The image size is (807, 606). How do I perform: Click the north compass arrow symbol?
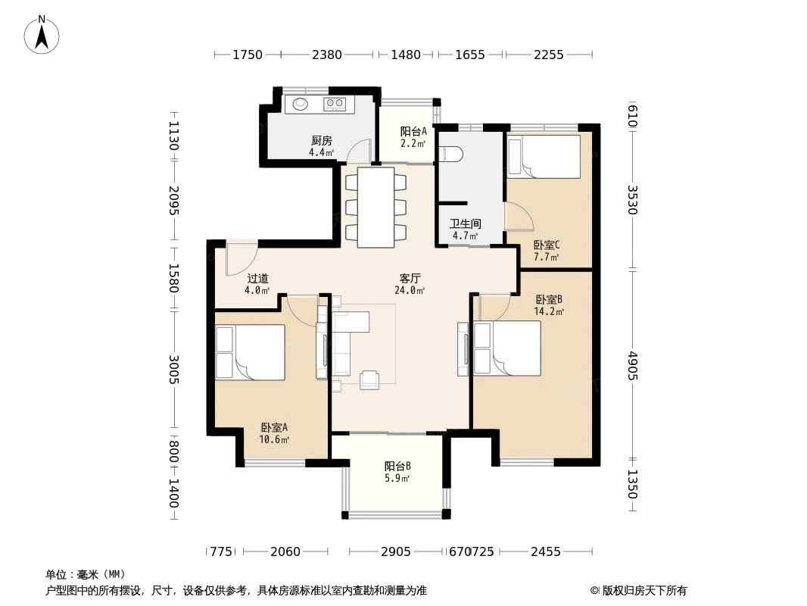[x=43, y=34]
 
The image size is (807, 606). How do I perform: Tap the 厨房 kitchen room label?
[x=321, y=141]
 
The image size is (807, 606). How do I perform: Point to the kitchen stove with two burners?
[x=335, y=104]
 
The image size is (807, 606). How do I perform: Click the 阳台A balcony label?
[x=413, y=131]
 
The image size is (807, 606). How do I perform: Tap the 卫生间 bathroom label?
[x=465, y=224]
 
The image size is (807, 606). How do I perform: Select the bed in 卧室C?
[x=543, y=156]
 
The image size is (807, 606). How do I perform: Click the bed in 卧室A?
[x=250, y=352]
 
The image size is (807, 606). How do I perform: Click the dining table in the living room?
[x=376, y=207]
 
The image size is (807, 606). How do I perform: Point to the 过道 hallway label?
[x=257, y=279]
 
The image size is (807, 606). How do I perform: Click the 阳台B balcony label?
[x=397, y=467]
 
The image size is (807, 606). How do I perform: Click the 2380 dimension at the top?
[x=327, y=55]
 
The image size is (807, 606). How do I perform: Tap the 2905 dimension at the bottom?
[x=396, y=551]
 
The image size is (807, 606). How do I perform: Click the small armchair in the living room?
[x=370, y=379]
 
